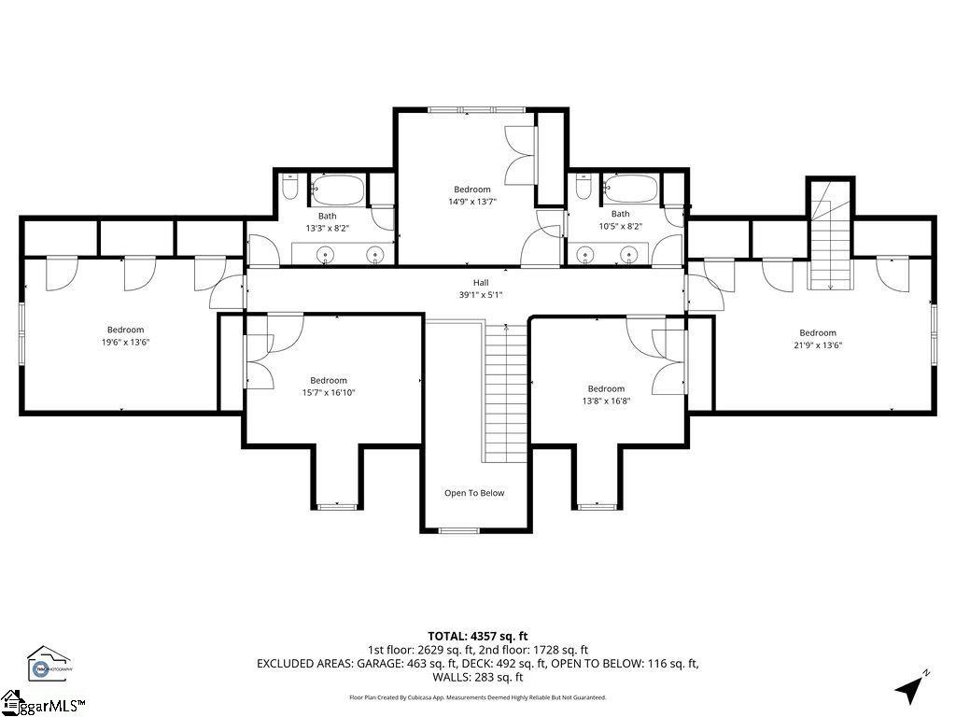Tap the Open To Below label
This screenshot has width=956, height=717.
coord(473,493)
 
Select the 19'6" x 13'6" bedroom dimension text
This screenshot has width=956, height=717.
coord(125,342)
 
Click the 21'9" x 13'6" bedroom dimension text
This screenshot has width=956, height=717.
coord(817,344)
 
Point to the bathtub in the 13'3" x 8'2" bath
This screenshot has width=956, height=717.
coord(338,190)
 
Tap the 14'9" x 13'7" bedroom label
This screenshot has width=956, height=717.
coord(471,195)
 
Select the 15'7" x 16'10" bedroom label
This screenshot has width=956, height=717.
coord(329,387)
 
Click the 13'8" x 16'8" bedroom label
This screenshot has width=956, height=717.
coord(606,395)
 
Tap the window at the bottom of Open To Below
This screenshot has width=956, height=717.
coord(457,530)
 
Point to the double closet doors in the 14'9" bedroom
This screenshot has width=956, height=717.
coord(519,154)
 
